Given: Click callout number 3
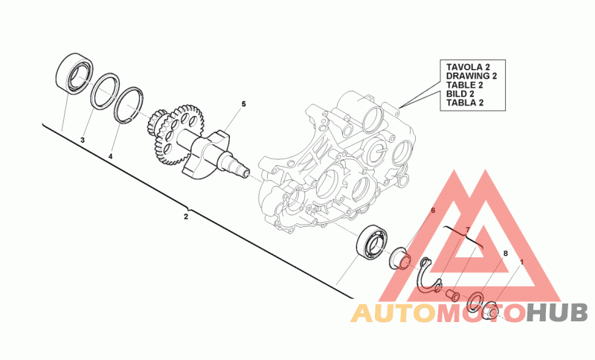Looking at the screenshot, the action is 83,140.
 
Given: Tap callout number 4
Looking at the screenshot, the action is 110,157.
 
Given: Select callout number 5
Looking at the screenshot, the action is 242,104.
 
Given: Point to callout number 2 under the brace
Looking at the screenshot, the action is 186,216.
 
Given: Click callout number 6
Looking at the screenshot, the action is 431,210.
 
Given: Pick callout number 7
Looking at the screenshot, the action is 467,230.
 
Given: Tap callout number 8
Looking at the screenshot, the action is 505,254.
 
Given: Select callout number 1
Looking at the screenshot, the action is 522,263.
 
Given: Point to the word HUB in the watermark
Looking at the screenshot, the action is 556,313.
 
